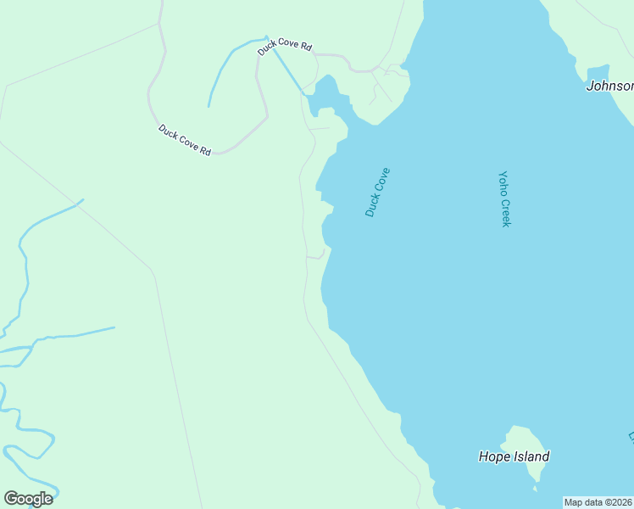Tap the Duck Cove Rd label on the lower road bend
(x=184, y=140)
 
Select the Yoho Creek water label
(x=504, y=199)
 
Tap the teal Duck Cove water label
(x=377, y=192)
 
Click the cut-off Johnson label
(x=610, y=86)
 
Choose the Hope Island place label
(x=514, y=456)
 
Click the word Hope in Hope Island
(x=493, y=456)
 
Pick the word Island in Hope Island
(x=530, y=456)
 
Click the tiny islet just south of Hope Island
(x=535, y=488)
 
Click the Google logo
(x=28, y=499)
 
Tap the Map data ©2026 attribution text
(x=598, y=502)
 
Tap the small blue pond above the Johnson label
(x=598, y=72)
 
